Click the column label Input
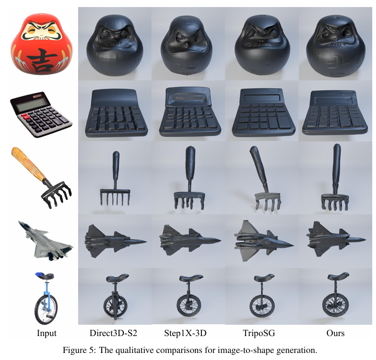click(x=47, y=333)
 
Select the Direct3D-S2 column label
click(x=113, y=333)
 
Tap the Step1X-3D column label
click(x=185, y=333)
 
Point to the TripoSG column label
click(x=259, y=333)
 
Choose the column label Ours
click(x=335, y=333)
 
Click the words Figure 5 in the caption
click(x=78, y=350)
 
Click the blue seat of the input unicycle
click(x=44, y=276)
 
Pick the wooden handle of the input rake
click(x=28, y=164)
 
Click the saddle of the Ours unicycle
click(x=338, y=276)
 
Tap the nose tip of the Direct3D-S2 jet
click(x=146, y=241)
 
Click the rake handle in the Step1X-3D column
click(x=191, y=168)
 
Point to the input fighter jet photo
click(x=46, y=240)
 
